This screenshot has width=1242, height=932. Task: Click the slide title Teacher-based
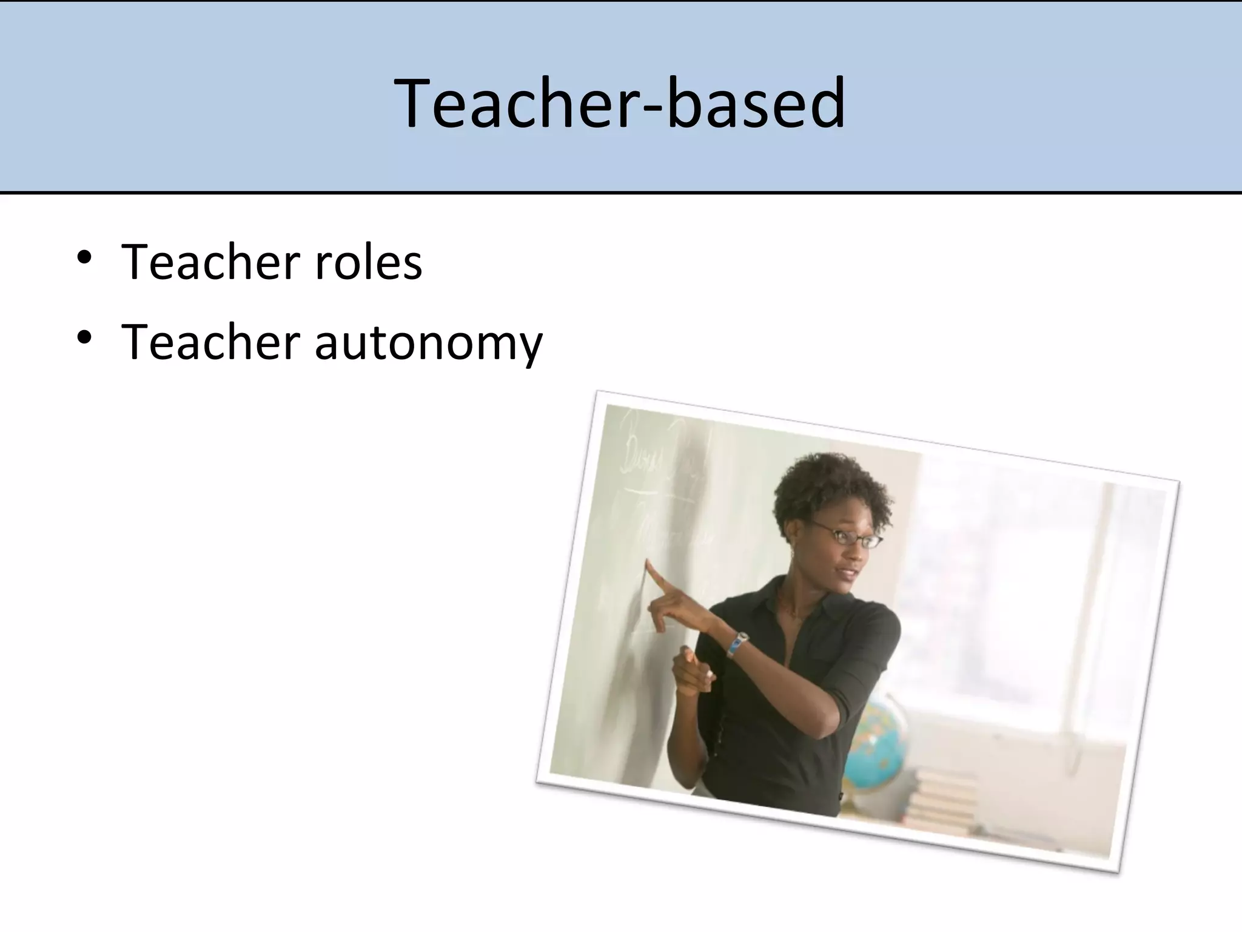(x=620, y=103)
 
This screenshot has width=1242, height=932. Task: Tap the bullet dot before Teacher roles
(x=84, y=258)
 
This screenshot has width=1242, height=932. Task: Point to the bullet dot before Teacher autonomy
(x=84, y=337)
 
